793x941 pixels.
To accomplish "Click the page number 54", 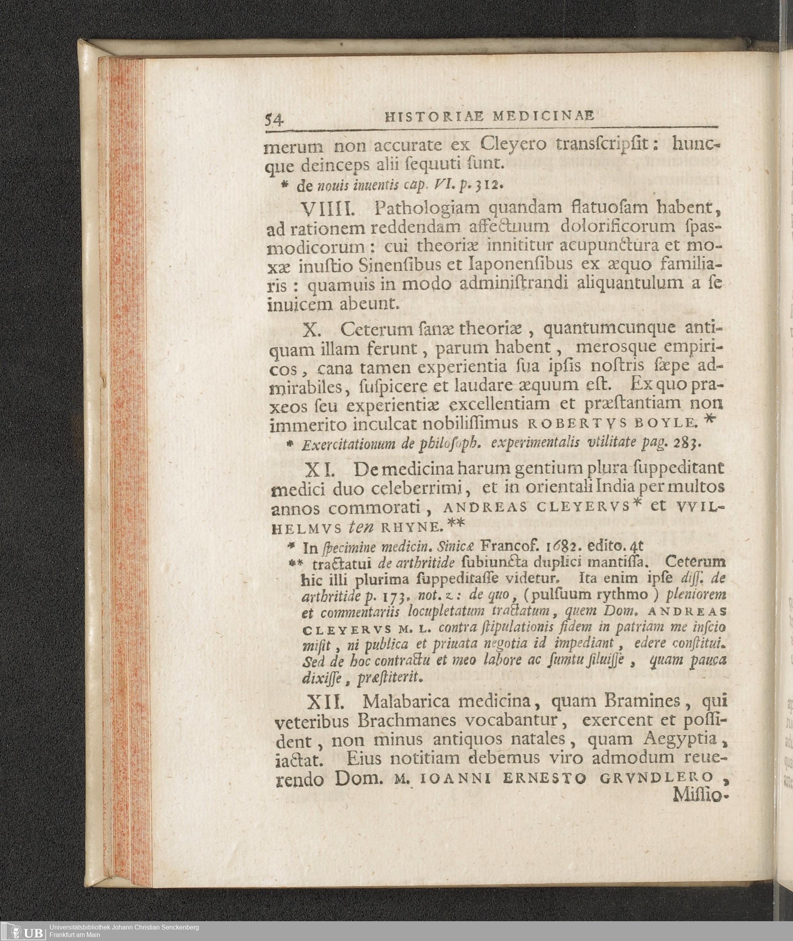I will click(x=273, y=120).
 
